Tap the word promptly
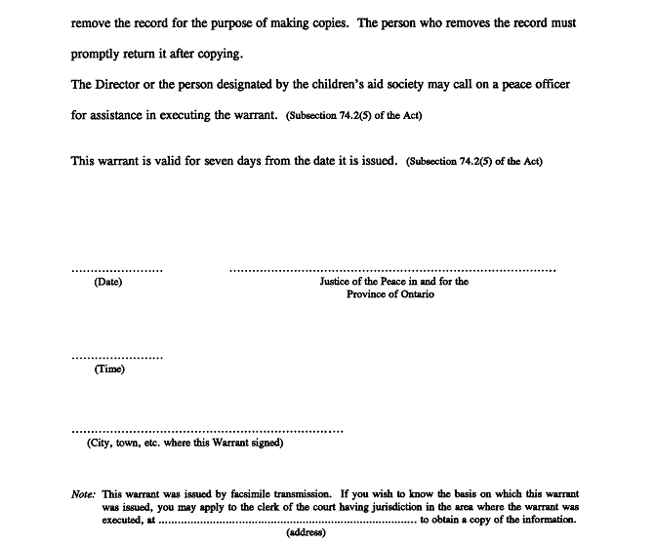click(100, 54)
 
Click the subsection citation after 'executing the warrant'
click(354, 116)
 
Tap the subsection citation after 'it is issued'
click(473, 162)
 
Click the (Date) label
click(108, 283)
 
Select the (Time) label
click(109, 369)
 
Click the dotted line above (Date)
click(117, 269)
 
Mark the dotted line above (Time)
click(117, 357)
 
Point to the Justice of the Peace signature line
click(392, 269)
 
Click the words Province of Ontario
click(390, 294)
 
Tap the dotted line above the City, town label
click(207, 430)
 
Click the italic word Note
click(84, 494)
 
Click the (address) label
click(306, 533)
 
